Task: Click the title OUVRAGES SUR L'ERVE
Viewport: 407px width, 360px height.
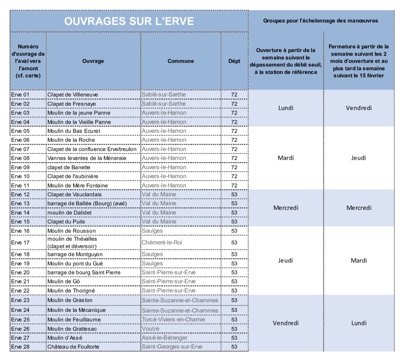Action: pyautogui.click(x=129, y=21)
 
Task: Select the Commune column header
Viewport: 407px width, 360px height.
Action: pyautogui.click(x=180, y=61)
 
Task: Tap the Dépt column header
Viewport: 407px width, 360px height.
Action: pyautogui.click(x=234, y=61)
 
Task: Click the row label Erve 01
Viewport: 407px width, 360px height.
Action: pyautogui.click(x=20, y=95)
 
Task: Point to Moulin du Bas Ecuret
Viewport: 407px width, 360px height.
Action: pyautogui.click(x=74, y=131)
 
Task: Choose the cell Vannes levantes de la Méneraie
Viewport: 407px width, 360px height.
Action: pyautogui.click(x=87, y=158)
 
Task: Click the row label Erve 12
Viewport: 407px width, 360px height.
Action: pyautogui.click(x=20, y=195)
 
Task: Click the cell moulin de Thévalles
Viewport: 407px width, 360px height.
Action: pyautogui.click(x=72, y=239)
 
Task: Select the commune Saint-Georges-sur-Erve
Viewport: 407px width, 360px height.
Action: pyautogui.click(x=172, y=347)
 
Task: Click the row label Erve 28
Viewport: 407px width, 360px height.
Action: pyautogui.click(x=20, y=347)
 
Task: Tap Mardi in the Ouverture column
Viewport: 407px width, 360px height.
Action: pyautogui.click(x=286, y=158)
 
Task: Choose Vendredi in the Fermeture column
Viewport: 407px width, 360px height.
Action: pyautogui.click(x=359, y=108)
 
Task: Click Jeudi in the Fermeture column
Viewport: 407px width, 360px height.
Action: pyautogui.click(x=359, y=158)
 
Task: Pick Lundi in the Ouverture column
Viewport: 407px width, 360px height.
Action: pyautogui.click(x=286, y=108)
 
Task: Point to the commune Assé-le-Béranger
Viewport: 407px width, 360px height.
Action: pyautogui.click(x=165, y=338)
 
